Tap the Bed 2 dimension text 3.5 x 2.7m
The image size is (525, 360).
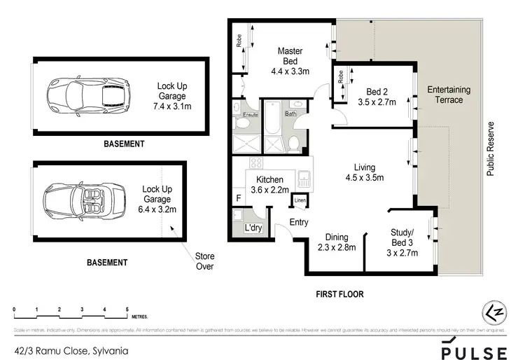381,102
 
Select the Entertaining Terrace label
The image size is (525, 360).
449,95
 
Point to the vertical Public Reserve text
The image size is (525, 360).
491,148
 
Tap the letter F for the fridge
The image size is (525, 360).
239,199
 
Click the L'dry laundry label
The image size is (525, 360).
252,228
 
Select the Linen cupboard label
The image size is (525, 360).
300,202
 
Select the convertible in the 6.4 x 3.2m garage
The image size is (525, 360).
83,199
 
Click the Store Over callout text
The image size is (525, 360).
204,261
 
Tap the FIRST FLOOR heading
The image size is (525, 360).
339,294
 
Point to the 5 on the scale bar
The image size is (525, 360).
127,309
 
